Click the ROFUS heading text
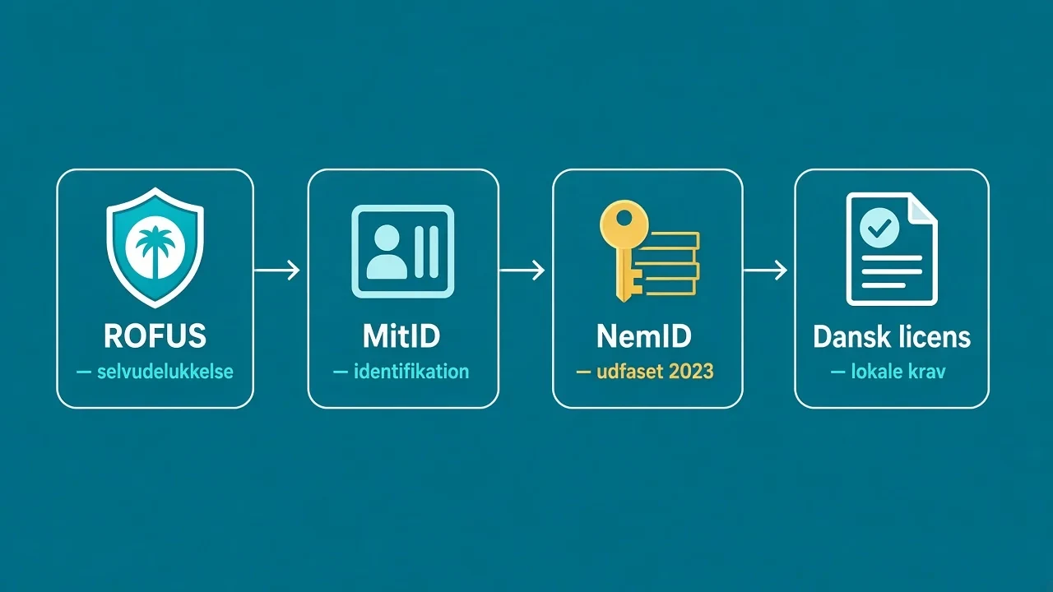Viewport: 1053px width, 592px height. coord(155,335)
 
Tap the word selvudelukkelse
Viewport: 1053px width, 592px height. coord(165,372)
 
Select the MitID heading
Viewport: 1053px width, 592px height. coord(401,335)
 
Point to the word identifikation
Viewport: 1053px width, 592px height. coord(411,372)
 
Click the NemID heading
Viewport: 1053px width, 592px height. coord(644,336)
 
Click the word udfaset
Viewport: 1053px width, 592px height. coord(630,372)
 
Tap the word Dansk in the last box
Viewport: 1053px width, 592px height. coord(851,336)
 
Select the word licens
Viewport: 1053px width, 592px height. coord(933,336)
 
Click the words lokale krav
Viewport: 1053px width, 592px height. coord(898,372)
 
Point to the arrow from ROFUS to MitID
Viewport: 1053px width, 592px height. coord(277,271)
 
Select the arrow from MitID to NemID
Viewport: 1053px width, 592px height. coord(522,271)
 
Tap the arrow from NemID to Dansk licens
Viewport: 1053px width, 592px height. coord(765,271)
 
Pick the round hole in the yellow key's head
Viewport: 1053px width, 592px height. coord(624,219)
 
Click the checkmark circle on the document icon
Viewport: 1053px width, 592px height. coord(879,228)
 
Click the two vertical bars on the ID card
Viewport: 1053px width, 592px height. coord(427,252)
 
